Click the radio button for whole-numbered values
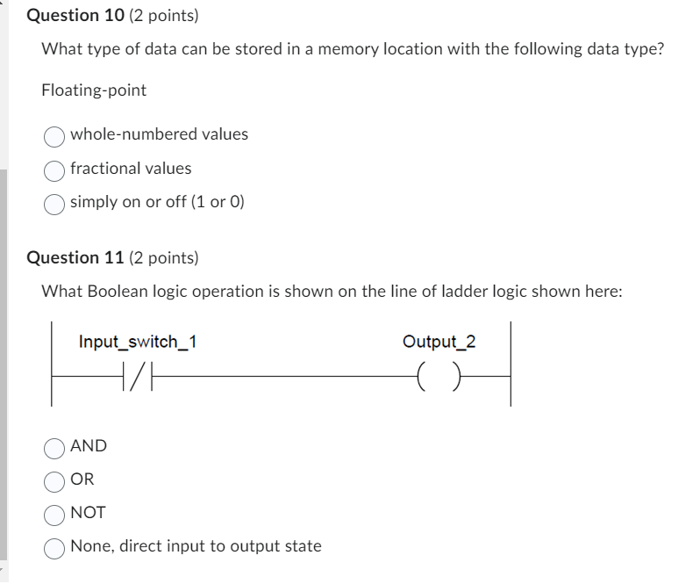coord(54,135)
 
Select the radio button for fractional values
coord(54,169)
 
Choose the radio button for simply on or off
coord(54,203)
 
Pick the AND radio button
coord(54,447)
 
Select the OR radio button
coord(54,480)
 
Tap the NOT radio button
coord(54,514)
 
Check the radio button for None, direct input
coord(54,547)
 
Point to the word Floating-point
coord(94,90)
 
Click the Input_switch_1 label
coord(137,342)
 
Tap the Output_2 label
coord(439,342)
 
